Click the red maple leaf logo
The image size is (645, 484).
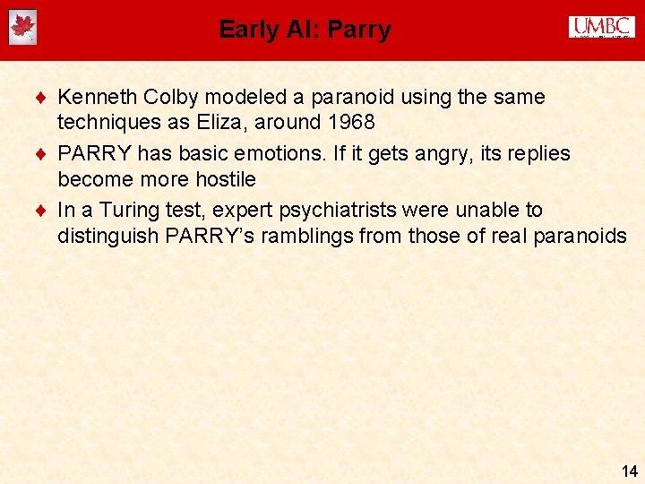coord(22,28)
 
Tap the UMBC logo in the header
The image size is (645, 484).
coord(601,28)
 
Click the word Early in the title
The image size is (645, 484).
coord(248,30)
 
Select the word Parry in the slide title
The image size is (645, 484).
coord(359,30)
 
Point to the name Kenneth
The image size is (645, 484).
coord(94,97)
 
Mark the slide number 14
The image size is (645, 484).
coord(629,470)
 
